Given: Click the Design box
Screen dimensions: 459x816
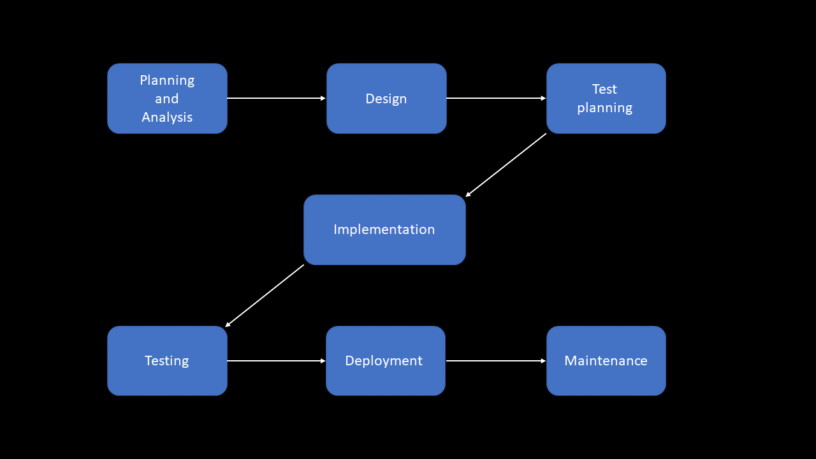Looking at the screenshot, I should (x=386, y=99).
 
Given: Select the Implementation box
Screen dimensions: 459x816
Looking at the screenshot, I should (x=384, y=229).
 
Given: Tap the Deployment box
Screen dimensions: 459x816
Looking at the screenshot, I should (x=385, y=361).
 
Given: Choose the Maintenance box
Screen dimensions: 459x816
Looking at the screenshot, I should (x=606, y=361).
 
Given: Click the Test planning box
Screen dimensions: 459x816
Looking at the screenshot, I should (x=606, y=99).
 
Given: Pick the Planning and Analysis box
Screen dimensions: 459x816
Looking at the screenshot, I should (x=167, y=99).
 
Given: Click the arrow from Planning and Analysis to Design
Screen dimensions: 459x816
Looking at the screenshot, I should (x=276, y=98).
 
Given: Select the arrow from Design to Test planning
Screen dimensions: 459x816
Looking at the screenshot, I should (x=496, y=98).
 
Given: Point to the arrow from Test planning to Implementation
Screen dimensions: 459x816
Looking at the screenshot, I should (x=506, y=165).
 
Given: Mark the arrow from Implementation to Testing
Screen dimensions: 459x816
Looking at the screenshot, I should (x=265, y=296).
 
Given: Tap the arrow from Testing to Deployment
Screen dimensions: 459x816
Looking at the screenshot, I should (x=276, y=361).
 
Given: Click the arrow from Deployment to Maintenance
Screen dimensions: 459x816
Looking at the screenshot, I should (x=496, y=361).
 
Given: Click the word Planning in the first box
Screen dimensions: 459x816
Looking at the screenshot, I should (x=167, y=80).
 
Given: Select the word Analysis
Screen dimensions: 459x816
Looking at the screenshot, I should (x=167, y=117).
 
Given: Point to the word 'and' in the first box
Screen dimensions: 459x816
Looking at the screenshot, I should (x=167, y=99).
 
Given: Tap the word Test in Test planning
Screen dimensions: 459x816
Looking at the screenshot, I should (x=604, y=89).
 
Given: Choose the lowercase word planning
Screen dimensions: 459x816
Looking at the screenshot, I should (x=604, y=108).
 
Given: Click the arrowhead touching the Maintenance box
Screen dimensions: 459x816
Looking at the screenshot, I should (x=543, y=361).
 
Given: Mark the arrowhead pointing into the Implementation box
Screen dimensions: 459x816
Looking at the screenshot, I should (x=469, y=194).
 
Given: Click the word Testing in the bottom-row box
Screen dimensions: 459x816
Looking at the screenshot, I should (x=166, y=361).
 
